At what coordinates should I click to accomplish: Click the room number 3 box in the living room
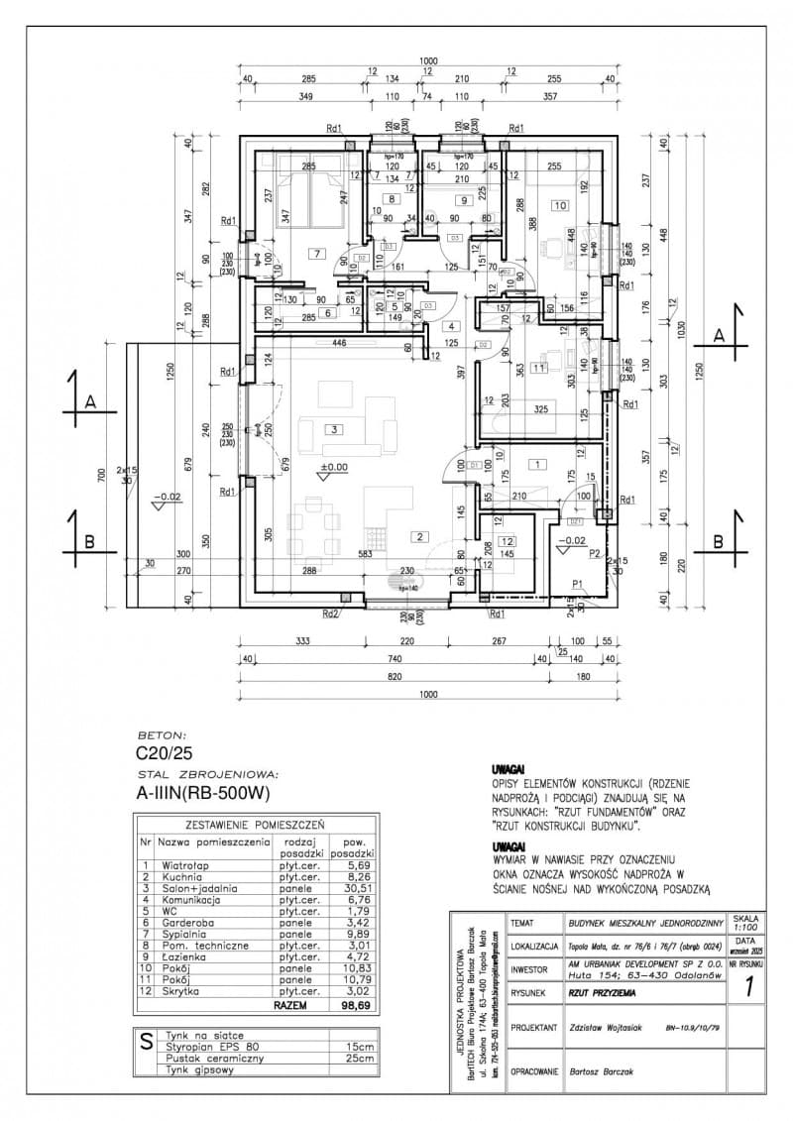(336, 430)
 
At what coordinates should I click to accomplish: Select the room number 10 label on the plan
(560, 205)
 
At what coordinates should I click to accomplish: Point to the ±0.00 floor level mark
(333, 466)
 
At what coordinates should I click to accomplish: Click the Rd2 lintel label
(331, 614)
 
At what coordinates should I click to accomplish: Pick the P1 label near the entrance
(576, 583)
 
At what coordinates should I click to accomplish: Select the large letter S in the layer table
(146, 1042)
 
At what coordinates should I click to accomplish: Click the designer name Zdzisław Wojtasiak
(608, 1027)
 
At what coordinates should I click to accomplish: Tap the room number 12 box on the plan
(508, 541)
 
